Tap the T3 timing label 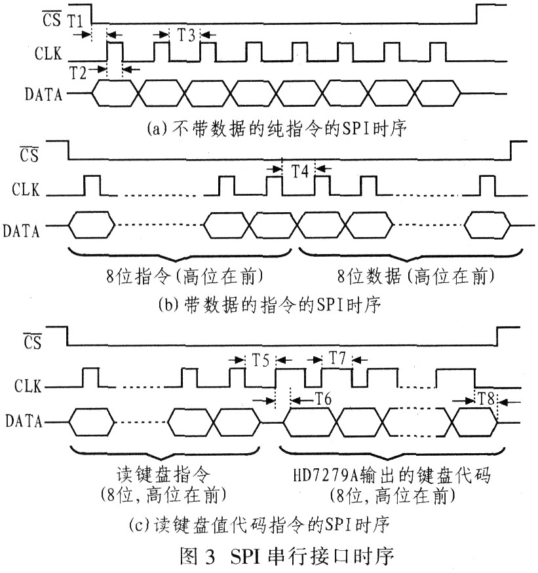[x=186, y=35]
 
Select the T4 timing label [x=299, y=172]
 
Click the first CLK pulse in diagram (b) [x=92, y=185]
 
